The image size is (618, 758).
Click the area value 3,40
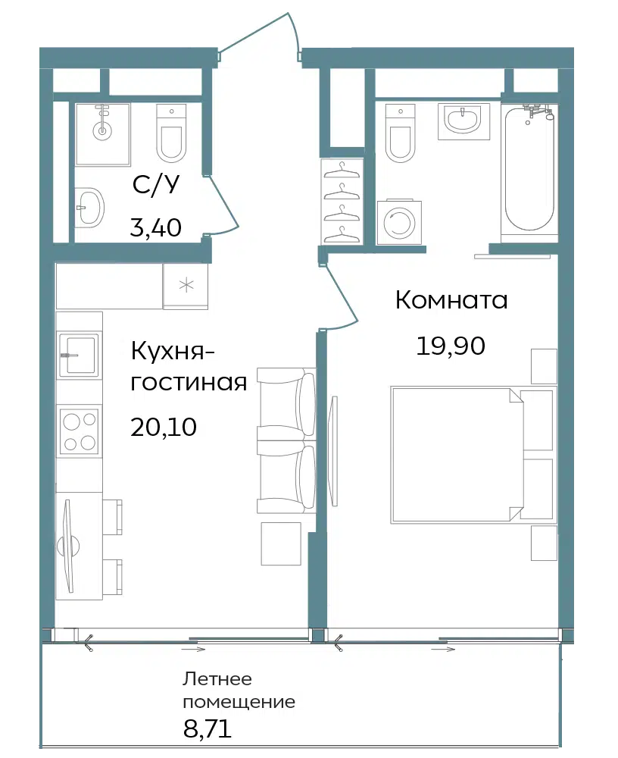155,227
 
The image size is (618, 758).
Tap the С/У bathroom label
155,185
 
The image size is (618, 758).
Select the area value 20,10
164,428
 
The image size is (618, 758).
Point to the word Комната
451,300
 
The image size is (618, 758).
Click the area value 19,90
451,346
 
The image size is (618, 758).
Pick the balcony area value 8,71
208,728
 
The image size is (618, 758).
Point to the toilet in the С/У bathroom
171,133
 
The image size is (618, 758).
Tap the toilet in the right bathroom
401,133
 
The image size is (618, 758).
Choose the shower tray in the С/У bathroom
102,134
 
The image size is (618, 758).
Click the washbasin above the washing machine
463,119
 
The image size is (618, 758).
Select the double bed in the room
473,454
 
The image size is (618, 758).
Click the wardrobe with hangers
342,200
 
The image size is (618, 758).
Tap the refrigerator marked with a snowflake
186,286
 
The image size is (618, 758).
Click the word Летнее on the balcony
217,679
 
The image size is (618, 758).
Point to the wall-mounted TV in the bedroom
332,450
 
